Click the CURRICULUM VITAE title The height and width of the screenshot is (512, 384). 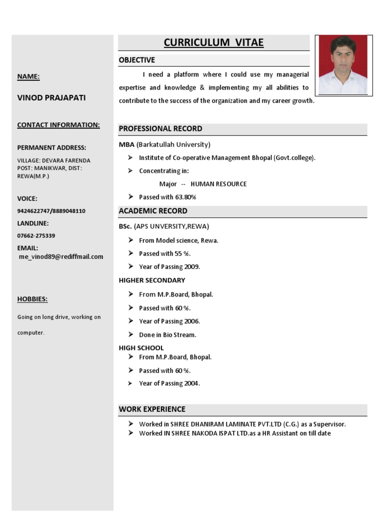pos(213,43)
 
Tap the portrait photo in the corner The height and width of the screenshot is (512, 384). pos(343,65)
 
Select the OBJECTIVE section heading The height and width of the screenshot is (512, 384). pos(137,60)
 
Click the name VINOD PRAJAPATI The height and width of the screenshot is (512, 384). pos(51,97)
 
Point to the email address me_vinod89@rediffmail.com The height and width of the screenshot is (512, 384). pos(61,256)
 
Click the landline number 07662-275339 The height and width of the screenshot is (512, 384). pos(36,235)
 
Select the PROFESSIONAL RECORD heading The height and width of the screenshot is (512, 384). pos(160,128)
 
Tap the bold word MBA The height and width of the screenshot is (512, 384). pos(126,144)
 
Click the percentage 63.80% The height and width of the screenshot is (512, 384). pos(185,197)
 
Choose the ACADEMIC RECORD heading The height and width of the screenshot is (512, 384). pos(153,211)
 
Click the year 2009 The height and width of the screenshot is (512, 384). pos(192,266)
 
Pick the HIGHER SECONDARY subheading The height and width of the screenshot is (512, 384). pos(152,280)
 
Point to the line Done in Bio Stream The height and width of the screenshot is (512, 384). pos(167,334)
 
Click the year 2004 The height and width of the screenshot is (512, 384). pos(192,383)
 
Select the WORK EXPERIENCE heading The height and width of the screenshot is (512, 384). pos(152,409)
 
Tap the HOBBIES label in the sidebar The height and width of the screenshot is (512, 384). pos(32,299)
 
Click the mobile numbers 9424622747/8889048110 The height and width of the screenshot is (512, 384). pos(51,211)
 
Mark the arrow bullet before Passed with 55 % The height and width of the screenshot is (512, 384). pos(130,253)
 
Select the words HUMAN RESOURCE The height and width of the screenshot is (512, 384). pos(218,184)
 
